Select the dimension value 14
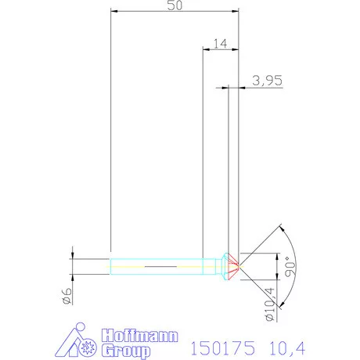click(220, 44)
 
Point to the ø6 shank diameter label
click(67, 295)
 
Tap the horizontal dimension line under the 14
click(220, 50)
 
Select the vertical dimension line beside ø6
click(73, 266)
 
